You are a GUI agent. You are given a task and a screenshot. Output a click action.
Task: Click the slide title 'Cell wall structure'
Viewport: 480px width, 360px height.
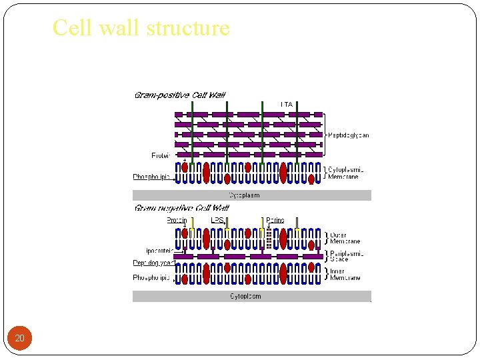(x=141, y=28)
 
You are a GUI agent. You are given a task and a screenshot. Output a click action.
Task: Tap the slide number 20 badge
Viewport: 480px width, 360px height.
(x=20, y=339)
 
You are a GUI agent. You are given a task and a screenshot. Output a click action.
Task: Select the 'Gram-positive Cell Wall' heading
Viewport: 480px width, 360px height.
(x=180, y=95)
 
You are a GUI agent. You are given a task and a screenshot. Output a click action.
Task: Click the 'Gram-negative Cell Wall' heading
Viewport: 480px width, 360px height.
(x=181, y=208)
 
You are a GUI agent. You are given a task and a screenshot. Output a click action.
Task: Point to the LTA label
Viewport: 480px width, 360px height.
(x=287, y=105)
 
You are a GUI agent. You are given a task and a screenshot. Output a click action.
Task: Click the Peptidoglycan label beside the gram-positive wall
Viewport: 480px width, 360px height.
(x=349, y=135)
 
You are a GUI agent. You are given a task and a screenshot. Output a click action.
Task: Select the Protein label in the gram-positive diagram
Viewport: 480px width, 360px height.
(x=161, y=155)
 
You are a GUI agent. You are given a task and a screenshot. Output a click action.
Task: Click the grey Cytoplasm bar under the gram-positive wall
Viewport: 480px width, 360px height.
(x=252, y=195)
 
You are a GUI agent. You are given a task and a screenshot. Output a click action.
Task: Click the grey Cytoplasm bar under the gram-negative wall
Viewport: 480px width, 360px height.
(x=252, y=296)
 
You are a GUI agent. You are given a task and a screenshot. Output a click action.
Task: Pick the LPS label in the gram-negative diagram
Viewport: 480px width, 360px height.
(x=217, y=220)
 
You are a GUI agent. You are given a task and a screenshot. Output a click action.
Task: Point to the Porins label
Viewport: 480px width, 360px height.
(x=275, y=220)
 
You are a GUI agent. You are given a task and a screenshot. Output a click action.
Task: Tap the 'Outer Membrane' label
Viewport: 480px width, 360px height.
(x=345, y=238)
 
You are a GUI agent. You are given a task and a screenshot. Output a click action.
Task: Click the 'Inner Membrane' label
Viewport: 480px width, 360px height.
(x=345, y=274)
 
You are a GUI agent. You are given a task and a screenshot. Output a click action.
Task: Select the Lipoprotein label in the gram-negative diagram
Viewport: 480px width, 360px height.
(x=158, y=251)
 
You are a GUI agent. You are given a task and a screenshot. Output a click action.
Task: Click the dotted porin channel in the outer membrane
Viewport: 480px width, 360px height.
(x=269, y=237)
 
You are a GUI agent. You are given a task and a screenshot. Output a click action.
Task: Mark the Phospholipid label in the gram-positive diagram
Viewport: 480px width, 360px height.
(x=152, y=177)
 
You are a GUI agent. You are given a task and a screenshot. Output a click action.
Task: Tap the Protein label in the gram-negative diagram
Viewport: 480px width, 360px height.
(x=176, y=220)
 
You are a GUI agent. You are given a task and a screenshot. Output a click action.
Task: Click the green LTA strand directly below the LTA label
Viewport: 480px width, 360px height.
(x=297, y=133)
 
